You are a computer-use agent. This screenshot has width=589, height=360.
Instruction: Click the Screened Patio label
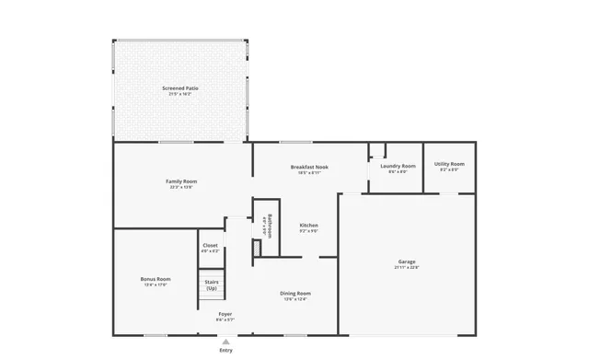[x=180, y=87]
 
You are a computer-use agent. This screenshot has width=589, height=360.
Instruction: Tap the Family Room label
[x=181, y=180]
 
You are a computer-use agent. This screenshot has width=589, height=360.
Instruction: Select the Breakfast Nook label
[x=309, y=167]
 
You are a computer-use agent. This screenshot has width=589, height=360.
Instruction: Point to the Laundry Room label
[x=398, y=166]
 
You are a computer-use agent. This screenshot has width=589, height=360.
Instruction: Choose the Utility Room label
[x=449, y=164]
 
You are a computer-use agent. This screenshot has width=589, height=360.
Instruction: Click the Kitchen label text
[x=308, y=225]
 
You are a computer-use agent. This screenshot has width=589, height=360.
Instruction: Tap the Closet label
[x=210, y=245]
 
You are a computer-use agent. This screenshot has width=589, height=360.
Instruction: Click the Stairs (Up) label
[x=212, y=285]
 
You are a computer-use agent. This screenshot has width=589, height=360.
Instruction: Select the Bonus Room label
[x=156, y=278]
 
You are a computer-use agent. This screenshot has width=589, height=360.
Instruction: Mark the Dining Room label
[x=295, y=293]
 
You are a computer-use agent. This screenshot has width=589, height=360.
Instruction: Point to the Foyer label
[x=225, y=314]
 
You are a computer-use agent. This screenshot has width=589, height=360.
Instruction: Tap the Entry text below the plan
[x=225, y=350]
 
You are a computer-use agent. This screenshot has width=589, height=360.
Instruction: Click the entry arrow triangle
[x=225, y=341]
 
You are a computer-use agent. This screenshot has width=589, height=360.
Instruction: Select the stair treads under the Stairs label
[x=212, y=299]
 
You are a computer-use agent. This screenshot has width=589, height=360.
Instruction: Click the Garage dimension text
[x=407, y=268]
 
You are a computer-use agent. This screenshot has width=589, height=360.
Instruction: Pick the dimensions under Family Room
[x=181, y=187]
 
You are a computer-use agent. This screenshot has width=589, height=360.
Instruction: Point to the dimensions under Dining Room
[x=295, y=299]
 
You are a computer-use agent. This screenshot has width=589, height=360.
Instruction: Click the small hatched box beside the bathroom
[x=256, y=249]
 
